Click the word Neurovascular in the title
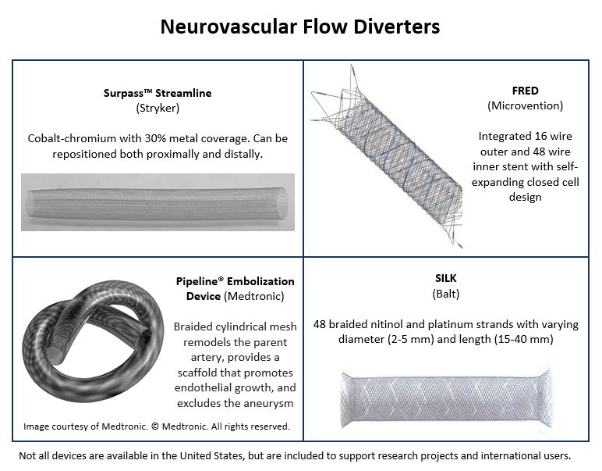[x=228, y=27]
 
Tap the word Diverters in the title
[x=397, y=27]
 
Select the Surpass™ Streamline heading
[x=158, y=93]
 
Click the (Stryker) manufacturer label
[x=158, y=108]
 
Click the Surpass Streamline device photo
[x=158, y=202]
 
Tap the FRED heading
[x=526, y=91]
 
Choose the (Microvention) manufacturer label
[x=526, y=105]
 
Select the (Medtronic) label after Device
[x=254, y=297]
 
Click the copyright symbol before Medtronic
[x=154, y=426]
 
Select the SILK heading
[x=446, y=278]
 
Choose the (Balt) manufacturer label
[x=446, y=294]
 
